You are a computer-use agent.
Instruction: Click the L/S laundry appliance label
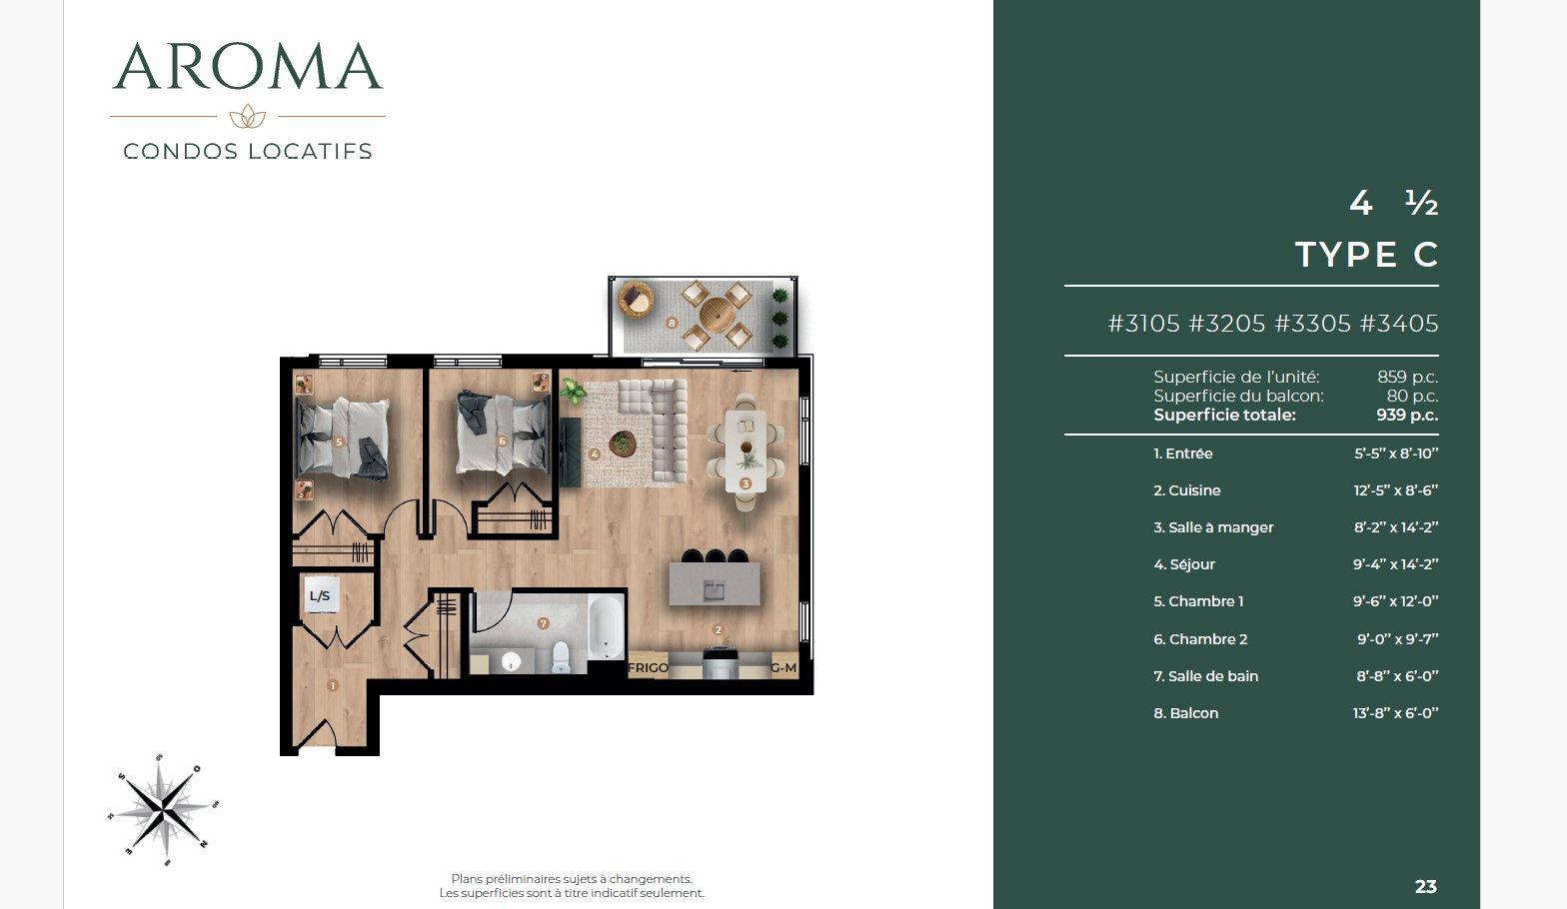point(320,595)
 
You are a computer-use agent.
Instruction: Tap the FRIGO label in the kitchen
point(648,667)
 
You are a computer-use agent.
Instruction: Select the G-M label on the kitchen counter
point(783,667)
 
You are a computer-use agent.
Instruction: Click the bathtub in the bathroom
point(606,626)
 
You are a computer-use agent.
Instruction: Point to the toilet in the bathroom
point(561,657)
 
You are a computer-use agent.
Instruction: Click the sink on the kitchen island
point(714,590)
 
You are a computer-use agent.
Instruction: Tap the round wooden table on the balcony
point(718,315)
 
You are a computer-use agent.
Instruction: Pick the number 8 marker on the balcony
point(672,323)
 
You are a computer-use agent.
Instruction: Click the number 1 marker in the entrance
point(332,685)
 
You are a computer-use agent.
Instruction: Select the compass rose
point(163,810)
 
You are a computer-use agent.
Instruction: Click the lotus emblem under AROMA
point(248,116)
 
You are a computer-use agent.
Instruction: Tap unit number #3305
point(1312,324)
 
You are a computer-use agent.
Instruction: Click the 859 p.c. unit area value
point(1407,377)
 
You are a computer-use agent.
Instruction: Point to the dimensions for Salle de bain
point(1397,676)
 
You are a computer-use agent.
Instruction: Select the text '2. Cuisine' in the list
point(1186,490)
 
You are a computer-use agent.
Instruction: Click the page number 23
point(1426,887)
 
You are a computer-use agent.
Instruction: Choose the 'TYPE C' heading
point(1367,255)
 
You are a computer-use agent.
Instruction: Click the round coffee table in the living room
point(622,444)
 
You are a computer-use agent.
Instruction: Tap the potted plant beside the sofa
point(573,391)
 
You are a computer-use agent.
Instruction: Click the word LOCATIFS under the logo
point(311,151)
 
